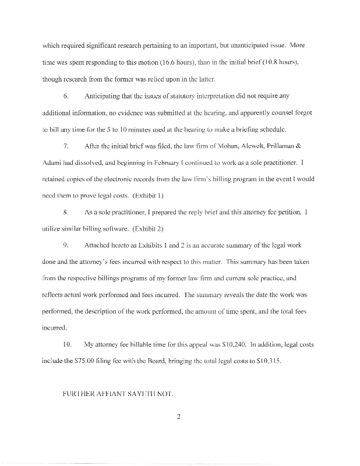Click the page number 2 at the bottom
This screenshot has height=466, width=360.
[179, 416]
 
